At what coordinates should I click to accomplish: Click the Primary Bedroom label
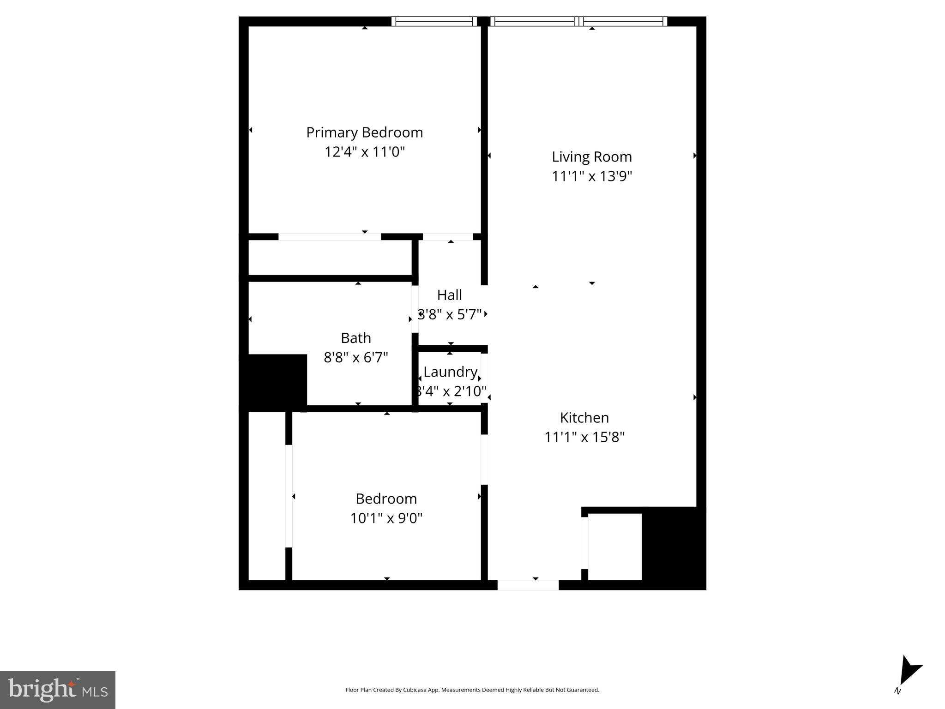click(x=364, y=132)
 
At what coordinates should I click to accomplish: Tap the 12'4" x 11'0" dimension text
click(x=364, y=152)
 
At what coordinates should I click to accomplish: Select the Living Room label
click(x=591, y=157)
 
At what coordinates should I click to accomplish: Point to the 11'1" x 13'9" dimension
click(x=591, y=176)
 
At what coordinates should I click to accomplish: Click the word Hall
click(x=449, y=295)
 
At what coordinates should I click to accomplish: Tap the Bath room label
click(x=355, y=338)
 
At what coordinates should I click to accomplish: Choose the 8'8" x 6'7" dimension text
click(x=355, y=357)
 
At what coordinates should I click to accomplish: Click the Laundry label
click(x=450, y=372)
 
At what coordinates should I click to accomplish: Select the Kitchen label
click(x=584, y=418)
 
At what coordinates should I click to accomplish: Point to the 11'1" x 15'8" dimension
click(x=584, y=437)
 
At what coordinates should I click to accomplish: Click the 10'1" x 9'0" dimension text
click(x=386, y=518)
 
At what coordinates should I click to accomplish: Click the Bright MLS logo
click(x=58, y=690)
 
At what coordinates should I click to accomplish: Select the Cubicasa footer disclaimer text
click(x=472, y=690)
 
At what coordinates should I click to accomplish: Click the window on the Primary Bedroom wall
click(x=434, y=21)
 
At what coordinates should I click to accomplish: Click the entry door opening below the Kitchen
click(x=528, y=585)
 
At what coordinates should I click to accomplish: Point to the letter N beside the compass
click(x=897, y=691)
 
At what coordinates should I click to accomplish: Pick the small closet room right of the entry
click(x=614, y=547)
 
